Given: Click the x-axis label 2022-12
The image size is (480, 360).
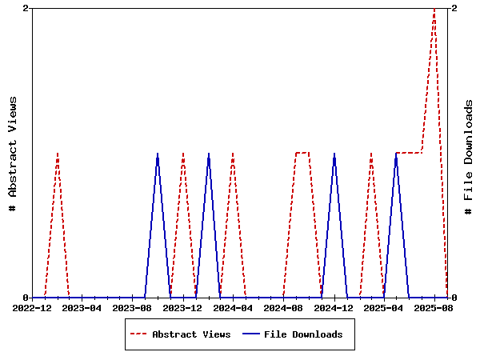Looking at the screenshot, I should (32, 307).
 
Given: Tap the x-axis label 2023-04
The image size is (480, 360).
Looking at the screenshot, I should (82, 307).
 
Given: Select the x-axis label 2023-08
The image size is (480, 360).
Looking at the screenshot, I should (133, 307).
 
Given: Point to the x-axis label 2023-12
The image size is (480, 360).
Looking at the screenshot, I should (183, 307).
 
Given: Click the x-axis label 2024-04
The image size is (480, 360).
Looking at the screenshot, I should (234, 307).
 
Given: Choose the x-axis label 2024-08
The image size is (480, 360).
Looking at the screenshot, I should (283, 307).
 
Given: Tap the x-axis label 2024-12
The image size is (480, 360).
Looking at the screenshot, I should (334, 307).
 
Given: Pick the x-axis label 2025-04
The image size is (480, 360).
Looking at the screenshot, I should (384, 307).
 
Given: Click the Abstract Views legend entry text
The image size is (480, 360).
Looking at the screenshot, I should (191, 334).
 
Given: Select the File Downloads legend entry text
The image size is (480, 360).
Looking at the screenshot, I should (303, 334).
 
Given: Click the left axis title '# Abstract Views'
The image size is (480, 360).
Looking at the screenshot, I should (13, 153).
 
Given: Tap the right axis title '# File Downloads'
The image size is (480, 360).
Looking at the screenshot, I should (469, 153).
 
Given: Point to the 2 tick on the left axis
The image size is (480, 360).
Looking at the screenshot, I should (26, 8).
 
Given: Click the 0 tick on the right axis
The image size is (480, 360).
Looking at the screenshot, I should (454, 298).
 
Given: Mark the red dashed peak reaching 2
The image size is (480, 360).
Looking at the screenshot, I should (434, 9).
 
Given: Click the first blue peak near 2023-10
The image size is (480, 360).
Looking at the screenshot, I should (158, 153).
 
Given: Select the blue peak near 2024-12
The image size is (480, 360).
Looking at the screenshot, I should (334, 153).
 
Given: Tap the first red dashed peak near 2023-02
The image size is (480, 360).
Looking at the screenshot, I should (58, 153).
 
